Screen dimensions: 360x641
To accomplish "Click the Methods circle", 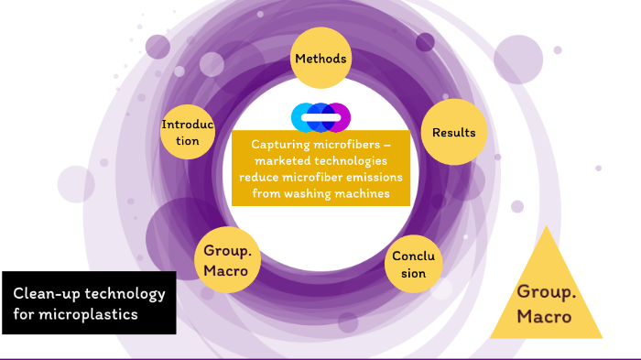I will (x=320, y=60).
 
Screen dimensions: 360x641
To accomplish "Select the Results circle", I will (x=454, y=133).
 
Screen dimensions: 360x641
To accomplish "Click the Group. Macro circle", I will (x=227, y=259).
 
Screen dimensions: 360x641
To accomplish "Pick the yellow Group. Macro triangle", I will (x=546, y=293).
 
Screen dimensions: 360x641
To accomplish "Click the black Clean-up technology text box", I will (x=89, y=302).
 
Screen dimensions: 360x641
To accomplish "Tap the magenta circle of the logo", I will (x=339, y=117).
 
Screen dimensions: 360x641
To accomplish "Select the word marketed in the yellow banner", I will (x=268, y=160).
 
